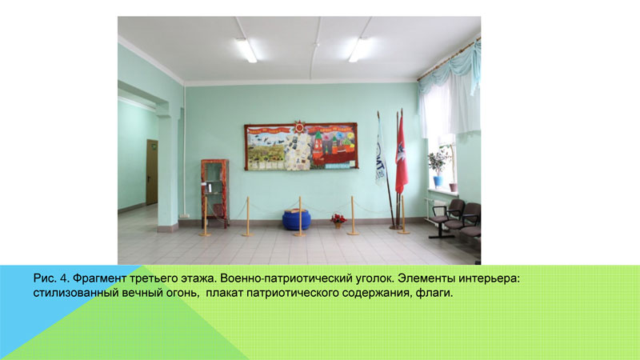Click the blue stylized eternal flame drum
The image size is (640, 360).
point(296,219)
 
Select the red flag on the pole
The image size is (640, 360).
point(402,155)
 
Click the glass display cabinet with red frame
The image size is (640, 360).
point(214,194)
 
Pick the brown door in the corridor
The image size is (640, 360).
point(152,172)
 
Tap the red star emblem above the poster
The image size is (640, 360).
point(299,127)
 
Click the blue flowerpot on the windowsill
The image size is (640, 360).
point(438,182)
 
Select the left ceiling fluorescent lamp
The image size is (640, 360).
point(246,50)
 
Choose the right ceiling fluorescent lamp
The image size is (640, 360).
point(359,50)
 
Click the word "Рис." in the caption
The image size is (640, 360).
point(45,278)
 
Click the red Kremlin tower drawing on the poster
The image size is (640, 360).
point(318,147)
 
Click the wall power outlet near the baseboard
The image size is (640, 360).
point(185,215)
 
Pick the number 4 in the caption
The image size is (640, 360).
point(63,278)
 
